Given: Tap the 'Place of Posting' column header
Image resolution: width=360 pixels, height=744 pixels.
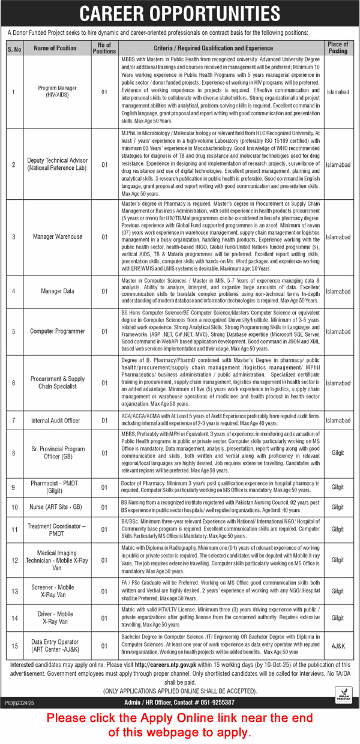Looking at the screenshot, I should coord(338,48).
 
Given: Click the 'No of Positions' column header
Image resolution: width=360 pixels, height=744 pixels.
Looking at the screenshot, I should coord(104,48).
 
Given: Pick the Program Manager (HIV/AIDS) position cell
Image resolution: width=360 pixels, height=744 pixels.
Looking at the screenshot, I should coord(57,92).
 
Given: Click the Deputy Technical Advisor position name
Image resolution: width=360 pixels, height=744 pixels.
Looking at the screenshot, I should coord(57,164).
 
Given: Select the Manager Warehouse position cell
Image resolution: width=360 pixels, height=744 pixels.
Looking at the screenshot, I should coord(57,237).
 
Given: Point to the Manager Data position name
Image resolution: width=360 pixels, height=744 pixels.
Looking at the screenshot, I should coord(57,291).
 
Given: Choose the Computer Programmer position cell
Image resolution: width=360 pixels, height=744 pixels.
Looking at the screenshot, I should coord(57,331).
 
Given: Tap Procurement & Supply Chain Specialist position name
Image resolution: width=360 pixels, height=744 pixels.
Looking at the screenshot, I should coord(57,383).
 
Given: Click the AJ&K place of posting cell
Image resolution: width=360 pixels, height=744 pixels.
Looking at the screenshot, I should coord(338,645).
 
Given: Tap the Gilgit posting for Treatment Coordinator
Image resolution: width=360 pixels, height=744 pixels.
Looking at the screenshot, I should coord(338,530).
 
